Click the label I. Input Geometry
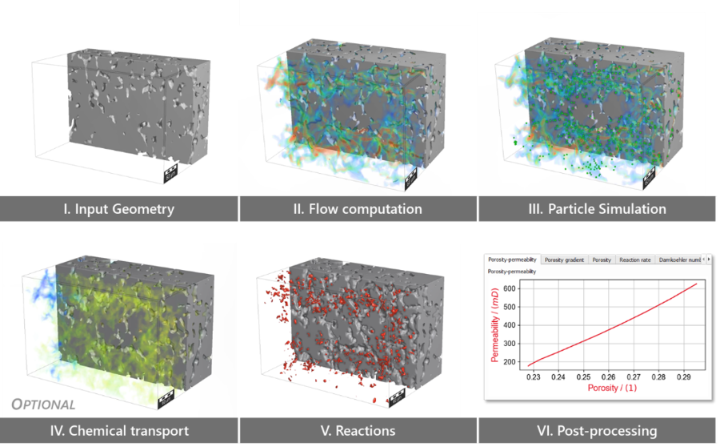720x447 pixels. point(118,209)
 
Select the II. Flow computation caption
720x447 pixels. point(358,209)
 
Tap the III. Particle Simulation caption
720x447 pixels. point(599,209)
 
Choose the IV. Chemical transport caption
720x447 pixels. point(118,430)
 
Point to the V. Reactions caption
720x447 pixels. point(358,430)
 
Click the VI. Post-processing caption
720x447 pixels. point(599,430)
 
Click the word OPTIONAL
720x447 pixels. point(44,405)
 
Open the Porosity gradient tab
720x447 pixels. point(565,260)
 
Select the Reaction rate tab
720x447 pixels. point(635,260)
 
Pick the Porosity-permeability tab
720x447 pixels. point(513,260)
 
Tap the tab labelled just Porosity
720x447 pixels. point(602,260)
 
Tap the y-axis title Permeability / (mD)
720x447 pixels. point(494,324)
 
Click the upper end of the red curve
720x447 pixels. point(696,284)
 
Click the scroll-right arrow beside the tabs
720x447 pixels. point(709,260)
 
